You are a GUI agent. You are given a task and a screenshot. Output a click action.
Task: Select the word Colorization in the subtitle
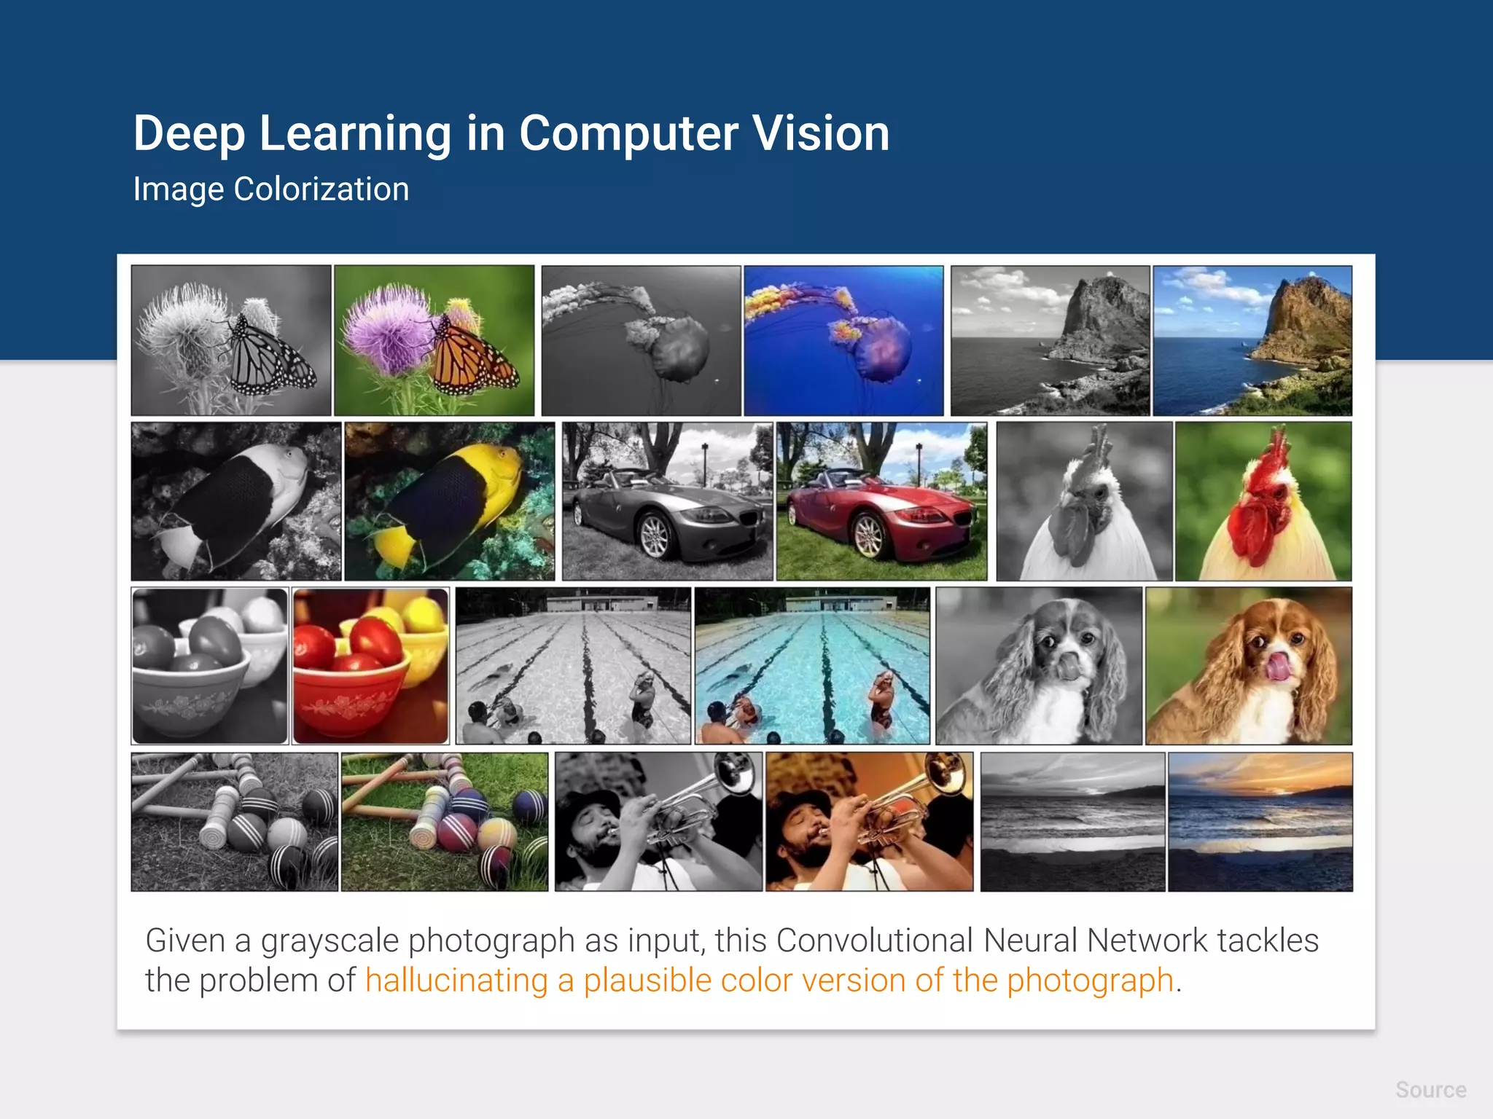coord(321,189)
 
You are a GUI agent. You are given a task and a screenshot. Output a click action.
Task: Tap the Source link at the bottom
coord(1430,1090)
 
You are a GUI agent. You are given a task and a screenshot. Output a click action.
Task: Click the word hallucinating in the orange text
coord(456,981)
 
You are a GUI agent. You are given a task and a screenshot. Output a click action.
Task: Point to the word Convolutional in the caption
coord(874,941)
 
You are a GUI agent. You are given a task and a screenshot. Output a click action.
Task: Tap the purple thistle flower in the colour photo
coord(386,328)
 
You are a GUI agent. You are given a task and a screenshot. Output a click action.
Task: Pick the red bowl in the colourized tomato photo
coord(350,699)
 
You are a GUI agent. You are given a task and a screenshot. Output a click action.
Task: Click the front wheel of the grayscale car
coord(655,535)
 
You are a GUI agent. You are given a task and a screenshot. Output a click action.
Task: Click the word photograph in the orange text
coord(1090,981)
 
